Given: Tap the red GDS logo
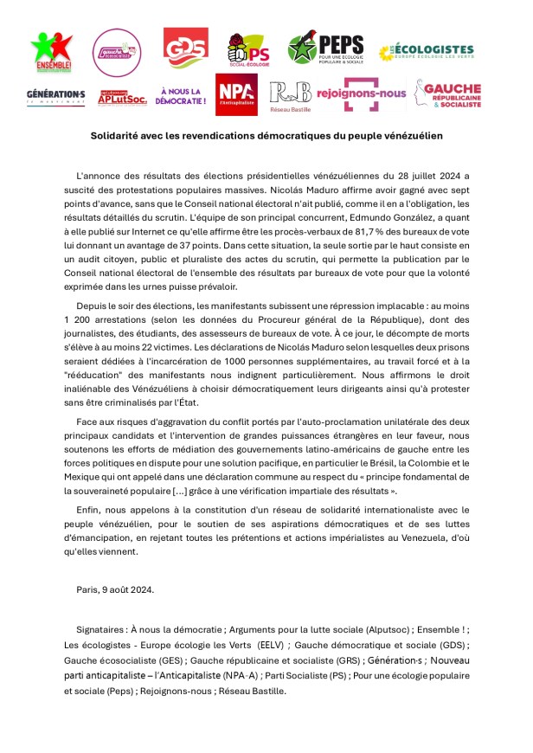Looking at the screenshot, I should click(186, 48).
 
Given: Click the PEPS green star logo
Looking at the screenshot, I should click(325, 48).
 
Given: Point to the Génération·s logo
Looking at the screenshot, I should click(55, 95).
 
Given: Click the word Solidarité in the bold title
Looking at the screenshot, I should click(119, 136).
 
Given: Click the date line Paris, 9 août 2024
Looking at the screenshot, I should click(115, 589).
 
